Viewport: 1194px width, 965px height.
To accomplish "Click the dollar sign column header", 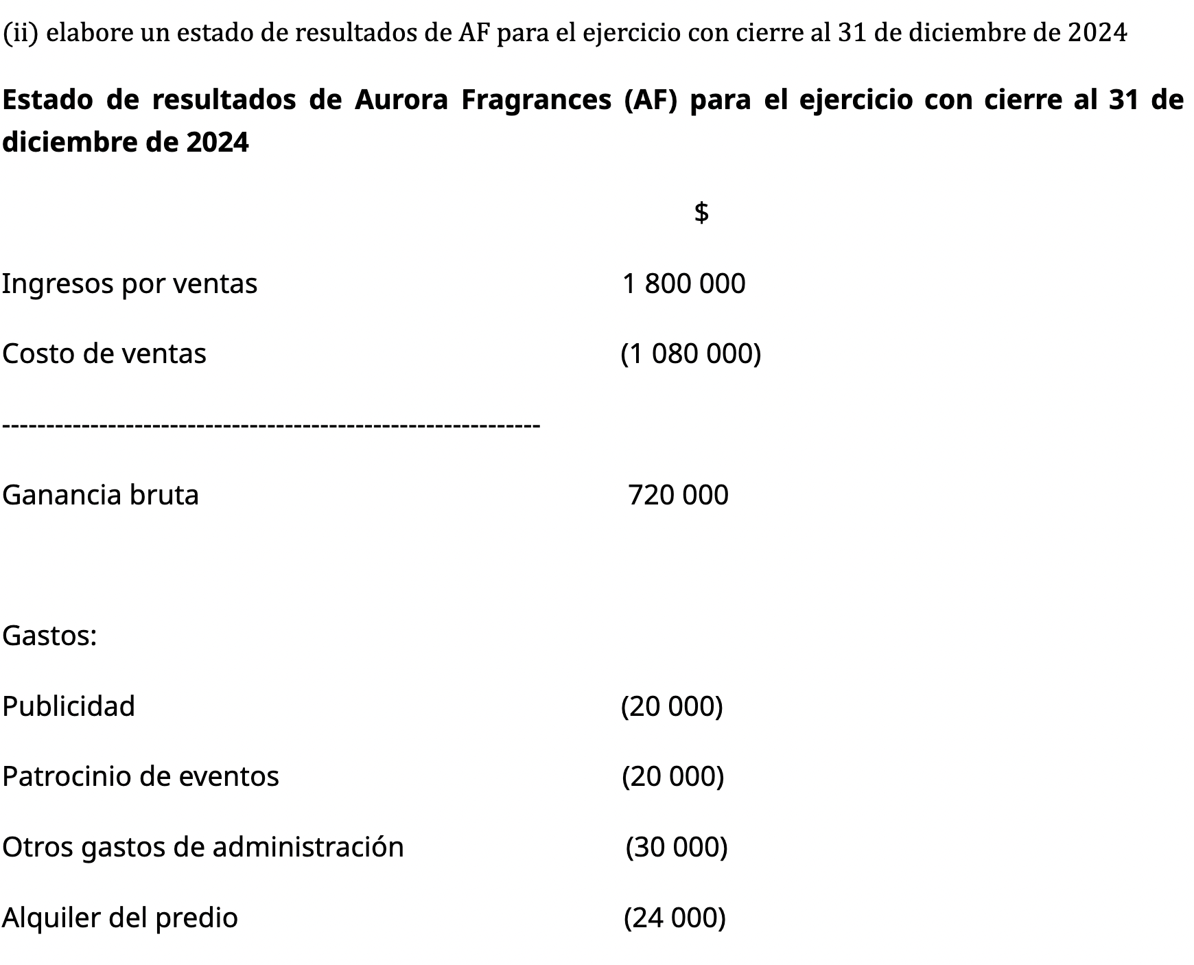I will [x=701, y=212].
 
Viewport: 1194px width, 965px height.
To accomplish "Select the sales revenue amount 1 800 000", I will [x=683, y=283].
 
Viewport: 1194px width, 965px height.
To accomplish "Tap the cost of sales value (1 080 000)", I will [x=690, y=354].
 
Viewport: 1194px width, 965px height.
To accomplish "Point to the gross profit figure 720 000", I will [x=678, y=495].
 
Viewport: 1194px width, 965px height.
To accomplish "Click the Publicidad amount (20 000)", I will [x=672, y=706].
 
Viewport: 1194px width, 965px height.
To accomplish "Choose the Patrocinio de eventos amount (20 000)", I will [x=672, y=776].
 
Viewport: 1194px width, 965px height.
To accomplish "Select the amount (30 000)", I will [x=677, y=847].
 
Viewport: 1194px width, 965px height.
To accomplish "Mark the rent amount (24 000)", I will [x=675, y=918].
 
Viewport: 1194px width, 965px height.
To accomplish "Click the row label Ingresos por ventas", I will [x=130, y=283].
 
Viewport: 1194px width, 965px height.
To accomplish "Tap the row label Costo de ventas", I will [x=104, y=354].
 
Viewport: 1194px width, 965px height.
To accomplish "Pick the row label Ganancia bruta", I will [x=101, y=495].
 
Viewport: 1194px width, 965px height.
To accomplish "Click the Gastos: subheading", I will [x=49, y=636].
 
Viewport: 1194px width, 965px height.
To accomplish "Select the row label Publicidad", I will [x=69, y=706].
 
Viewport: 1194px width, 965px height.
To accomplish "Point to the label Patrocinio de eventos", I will [x=141, y=776].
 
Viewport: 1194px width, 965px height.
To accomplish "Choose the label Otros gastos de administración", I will [x=203, y=847].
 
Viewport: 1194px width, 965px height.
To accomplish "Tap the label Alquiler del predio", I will [x=120, y=918].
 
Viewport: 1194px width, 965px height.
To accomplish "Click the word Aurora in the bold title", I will [x=401, y=100].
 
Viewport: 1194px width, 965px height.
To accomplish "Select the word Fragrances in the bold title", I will [x=536, y=100].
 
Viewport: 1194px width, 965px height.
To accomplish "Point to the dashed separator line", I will [x=272, y=426].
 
